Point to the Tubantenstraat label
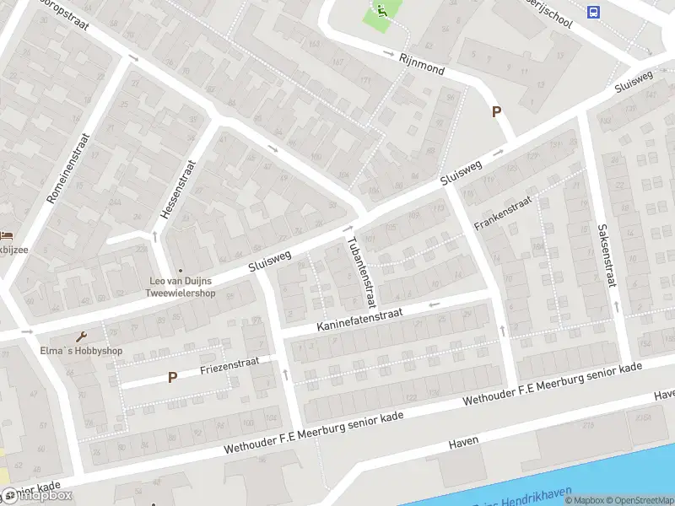(359, 270)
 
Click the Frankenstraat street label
(503, 213)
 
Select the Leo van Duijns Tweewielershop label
(182, 287)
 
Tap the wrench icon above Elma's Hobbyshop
(83, 335)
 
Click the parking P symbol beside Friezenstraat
(172, 378)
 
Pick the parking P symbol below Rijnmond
(497, 111)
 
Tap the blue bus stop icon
(594, 12)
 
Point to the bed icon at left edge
(5, 235)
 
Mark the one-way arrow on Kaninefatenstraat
(435, 304)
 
